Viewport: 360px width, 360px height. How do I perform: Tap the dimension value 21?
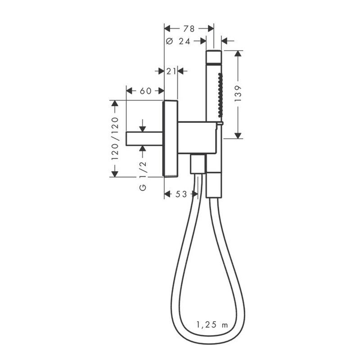(171, 71)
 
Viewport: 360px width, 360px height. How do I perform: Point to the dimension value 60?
(145, 91)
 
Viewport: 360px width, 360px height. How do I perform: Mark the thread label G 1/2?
(143, 176)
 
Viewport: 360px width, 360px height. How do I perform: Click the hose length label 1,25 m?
(213, 324)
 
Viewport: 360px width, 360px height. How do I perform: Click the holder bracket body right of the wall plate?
(198, 137)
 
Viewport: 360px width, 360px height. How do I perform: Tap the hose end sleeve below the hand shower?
(213, 184)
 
